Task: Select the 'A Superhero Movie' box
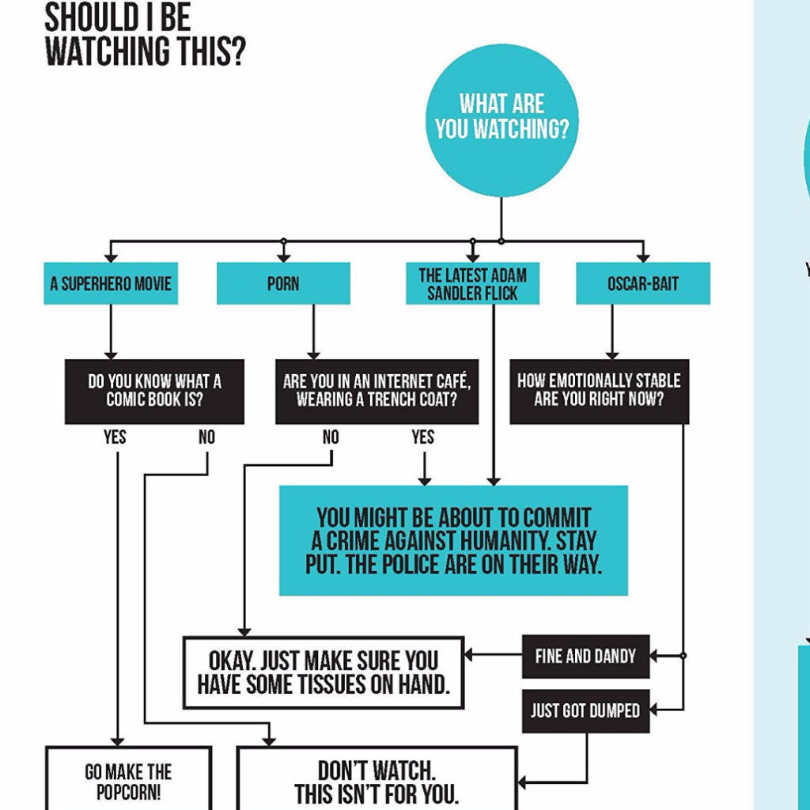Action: pos(111,284)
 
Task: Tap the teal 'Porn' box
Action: pos(283,284)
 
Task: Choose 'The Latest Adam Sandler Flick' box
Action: pos(472,284)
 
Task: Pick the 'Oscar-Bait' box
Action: pos(642,284)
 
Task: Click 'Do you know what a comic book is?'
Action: pos(154,391)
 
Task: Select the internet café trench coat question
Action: pos(377,391)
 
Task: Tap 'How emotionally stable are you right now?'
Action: pos(599,391)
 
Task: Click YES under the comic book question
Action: pos(115,437)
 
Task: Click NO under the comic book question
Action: pos(206,437)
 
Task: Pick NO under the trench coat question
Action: pos(331,437)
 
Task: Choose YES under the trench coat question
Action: pos(423,437)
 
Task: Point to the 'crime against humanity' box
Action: pos(453,540)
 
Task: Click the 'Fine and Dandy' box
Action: pos(585,656)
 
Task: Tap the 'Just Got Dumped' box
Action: pos(585,710)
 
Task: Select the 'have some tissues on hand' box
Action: pos(324,672)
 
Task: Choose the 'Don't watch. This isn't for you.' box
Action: pos(377,782)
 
